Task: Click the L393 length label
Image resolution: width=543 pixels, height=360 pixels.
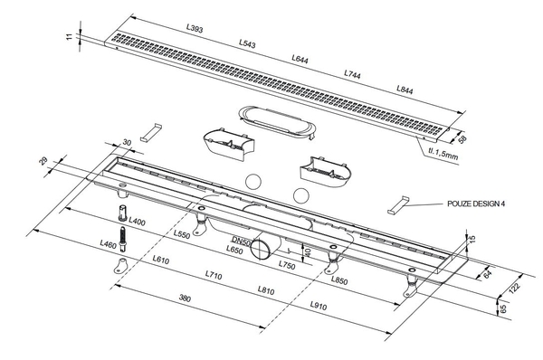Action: pos(195,28)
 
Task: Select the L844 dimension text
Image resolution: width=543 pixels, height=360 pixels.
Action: pos(405,90)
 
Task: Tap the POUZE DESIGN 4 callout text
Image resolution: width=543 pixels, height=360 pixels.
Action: pos(476,204)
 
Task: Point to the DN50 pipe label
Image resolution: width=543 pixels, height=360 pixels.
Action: pos(241,241)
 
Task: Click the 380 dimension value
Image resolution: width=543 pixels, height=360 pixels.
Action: pos(185,298)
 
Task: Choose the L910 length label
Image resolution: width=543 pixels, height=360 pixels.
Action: pos(319,306)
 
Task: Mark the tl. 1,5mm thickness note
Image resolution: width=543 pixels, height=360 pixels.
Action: pos(443,154)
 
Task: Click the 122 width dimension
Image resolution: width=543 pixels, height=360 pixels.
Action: pos(515,288)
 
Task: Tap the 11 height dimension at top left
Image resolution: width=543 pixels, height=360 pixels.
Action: pos(70,36)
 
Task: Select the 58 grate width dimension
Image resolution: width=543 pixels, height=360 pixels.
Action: pos(462,138)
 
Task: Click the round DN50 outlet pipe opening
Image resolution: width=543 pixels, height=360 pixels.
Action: pos(260,248)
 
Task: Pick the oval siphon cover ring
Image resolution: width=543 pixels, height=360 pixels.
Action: pos(277,122)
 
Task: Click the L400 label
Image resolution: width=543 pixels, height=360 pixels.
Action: pos(137,221)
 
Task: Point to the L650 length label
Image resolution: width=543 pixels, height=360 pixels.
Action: pos(234,250)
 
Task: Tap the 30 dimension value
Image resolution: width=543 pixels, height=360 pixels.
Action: pos(127,142)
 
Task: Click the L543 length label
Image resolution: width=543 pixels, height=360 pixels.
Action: pos(247,43)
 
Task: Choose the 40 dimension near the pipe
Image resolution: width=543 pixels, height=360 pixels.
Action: pos(308,251)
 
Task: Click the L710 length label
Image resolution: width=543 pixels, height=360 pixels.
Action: pos(214,275)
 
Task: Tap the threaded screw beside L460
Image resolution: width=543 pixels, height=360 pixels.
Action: pos(122,239)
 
